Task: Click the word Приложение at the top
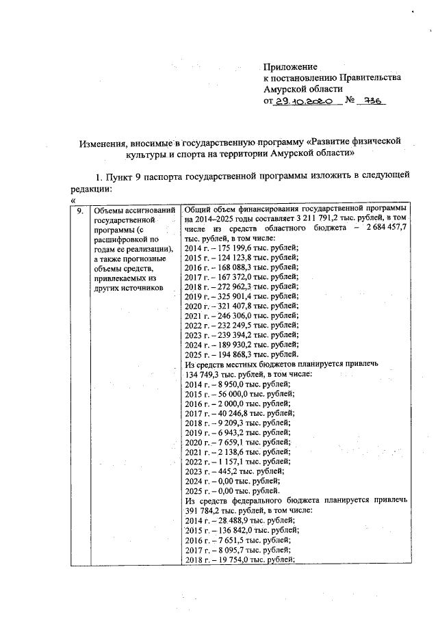[x=291, y=67]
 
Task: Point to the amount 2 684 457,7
[x=385, y=228]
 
